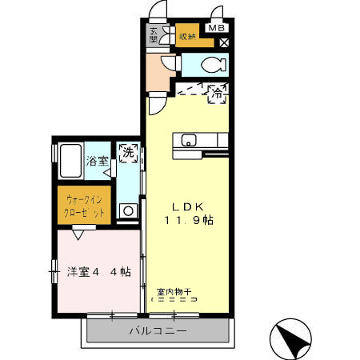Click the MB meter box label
click(x=215, y=28)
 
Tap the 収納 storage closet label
click(x=186, y=35)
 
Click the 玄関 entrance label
click(x=154, y=35)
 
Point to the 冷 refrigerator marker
click(x=216, y=93)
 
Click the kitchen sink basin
click(x=190, y=142)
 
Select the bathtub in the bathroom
click(x=70, y=162)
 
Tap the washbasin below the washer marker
click(x=126, y=211)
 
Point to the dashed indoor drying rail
click(x=174, y=300)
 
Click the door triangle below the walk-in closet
click(x=78, y=234)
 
